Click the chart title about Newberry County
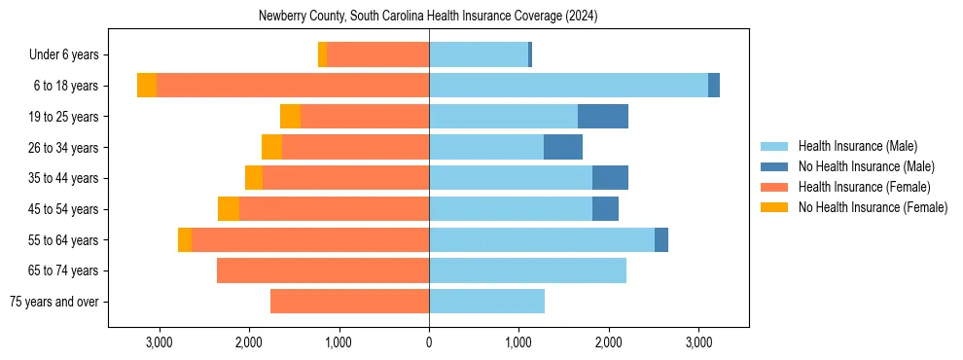coord(428,17)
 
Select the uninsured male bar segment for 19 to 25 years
coord(603,117)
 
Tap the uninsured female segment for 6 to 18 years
coord(147,86)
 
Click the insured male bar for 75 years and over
coord(486,302)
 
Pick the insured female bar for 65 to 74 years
coord(323,270)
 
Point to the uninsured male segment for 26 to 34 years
coord(563,147)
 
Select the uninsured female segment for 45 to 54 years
coord(229,209)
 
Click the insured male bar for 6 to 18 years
coord(568,86)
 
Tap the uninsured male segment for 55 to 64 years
coord(661,239)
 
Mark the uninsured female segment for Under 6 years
coord(322,54)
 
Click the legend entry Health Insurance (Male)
coord(857,146)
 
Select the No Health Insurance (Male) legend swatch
coord(774,166)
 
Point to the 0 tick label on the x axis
coord(429,342)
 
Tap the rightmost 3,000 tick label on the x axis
coord(698,342)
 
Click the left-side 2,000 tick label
coord(249,342)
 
